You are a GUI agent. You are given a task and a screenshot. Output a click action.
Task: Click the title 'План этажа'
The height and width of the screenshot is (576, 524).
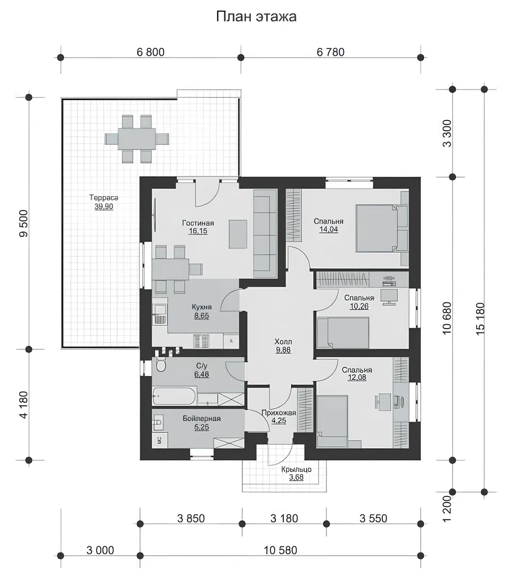pos(256,17)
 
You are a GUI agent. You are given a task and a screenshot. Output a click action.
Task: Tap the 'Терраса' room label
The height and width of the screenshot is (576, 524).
pos(103,198)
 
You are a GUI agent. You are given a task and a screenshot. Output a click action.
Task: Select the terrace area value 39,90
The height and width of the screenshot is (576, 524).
pos(104,206)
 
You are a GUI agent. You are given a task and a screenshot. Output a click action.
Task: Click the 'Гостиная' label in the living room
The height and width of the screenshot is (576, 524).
pos(198,223)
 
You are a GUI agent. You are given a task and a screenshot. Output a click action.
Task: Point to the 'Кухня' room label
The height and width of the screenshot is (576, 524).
pos(202,307)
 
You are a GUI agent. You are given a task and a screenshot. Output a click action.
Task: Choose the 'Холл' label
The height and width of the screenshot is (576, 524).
pos(283,342)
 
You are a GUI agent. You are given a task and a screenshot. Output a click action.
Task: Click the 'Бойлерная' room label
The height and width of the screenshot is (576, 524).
pos(202,419)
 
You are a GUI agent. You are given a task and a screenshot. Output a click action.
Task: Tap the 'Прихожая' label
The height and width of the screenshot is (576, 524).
pos(279,413)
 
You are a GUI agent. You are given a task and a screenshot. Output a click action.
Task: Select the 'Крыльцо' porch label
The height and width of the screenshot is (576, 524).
pos(296,469)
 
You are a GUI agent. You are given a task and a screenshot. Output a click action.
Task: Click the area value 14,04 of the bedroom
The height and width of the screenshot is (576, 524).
pos(329,229)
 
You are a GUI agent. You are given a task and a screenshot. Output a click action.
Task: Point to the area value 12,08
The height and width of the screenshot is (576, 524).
pos(357,378)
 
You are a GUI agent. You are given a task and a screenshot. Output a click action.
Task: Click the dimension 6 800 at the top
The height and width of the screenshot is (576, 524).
pos(150,52)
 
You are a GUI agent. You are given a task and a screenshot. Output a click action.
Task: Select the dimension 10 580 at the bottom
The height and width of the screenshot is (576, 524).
pos(281,550)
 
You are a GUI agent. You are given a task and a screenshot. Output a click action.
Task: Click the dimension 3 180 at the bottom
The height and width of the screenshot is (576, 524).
pos(284,518)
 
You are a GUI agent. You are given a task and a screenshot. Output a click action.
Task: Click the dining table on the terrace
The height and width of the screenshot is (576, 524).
pos(137,139)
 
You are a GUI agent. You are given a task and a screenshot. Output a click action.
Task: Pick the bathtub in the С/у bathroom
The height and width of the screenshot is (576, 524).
pos(174,396)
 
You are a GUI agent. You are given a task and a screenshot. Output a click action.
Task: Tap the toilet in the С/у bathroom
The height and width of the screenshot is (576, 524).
pos(161,365)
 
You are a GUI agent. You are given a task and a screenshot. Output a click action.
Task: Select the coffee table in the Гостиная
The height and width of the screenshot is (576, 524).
pos(238,234)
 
